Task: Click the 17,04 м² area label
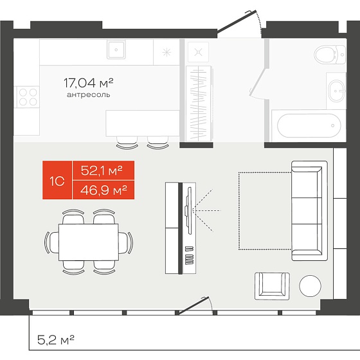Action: (89, 83)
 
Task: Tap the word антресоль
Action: (89, 94)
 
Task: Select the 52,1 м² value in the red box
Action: (102, 170)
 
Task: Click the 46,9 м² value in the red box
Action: (104, 190)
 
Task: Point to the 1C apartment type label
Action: (57, 181)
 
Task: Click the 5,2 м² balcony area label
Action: (56, 339)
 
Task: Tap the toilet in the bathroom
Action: (330, 55)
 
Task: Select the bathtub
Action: (309, 125)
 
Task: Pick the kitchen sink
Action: (116, 50)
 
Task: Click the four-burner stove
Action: (28, 97)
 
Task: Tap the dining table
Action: (89, 242)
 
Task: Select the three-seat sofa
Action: (309, 211)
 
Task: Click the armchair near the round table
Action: (272, 286)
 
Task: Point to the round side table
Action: (310, 286)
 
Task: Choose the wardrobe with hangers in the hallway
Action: (199, 104)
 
